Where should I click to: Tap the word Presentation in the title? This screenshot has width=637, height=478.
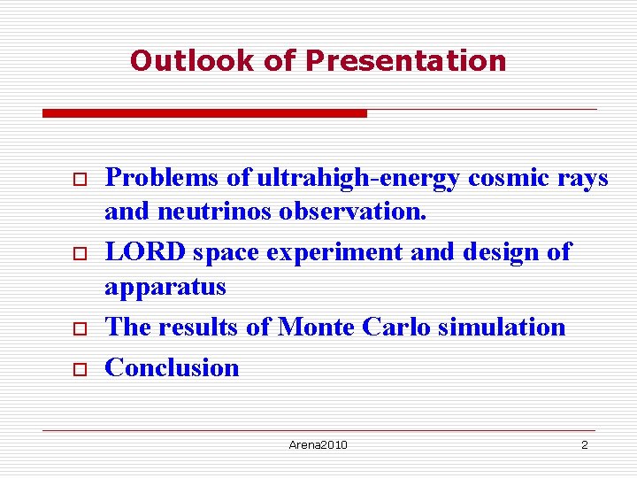tap(405, 61)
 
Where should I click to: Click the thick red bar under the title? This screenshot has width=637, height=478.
tap(204, 113)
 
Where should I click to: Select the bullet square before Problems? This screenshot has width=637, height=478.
tap(77, 179)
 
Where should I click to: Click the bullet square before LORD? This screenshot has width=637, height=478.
tap(77, 253)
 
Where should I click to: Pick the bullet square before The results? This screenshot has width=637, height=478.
tap(77, 328)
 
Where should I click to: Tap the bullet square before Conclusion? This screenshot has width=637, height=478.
tap(77, 368)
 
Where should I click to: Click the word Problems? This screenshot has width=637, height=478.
tap(162, 178)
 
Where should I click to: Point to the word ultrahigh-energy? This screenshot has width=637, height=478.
tap(358, 178)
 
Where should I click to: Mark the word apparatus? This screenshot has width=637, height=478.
tap(165, 287)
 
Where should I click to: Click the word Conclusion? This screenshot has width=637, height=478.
tap(172, 367)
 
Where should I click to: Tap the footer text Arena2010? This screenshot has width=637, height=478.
tap(318, 444)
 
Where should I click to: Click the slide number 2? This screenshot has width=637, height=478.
tap(584, 444)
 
